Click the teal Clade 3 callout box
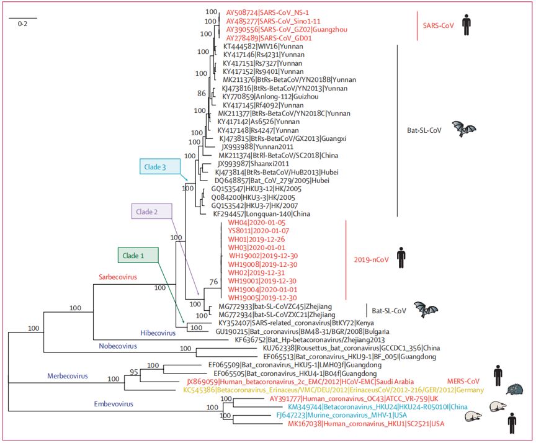point(159,168)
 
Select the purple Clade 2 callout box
point(151,212)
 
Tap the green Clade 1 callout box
point(138,254)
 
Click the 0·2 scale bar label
point(22,24)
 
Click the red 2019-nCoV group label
point(371,260)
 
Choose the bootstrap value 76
point(213,282)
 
